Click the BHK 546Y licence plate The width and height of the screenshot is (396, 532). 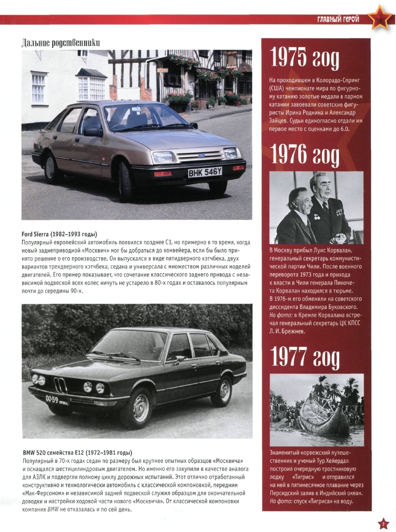(x=205, y=172)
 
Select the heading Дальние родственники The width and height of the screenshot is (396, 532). (x=60, y=43)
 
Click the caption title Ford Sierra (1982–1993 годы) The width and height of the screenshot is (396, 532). (x=59, y=235)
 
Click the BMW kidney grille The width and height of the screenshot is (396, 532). (x=60, y=384)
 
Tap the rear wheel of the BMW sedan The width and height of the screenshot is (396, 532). (x=222, y=390)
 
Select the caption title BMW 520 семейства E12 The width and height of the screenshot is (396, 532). (x=77, y=452)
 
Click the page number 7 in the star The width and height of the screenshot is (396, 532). (x=382, y=524)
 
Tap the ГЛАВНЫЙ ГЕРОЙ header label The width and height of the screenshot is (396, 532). (x=339, y=19)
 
